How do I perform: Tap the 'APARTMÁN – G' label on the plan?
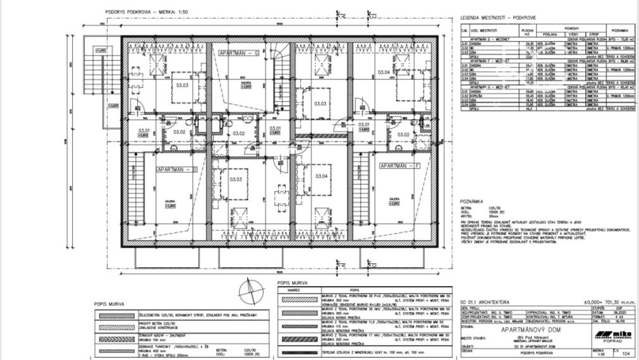point(239,54)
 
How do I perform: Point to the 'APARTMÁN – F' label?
point(400,165)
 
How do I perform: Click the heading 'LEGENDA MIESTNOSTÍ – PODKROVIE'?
point(497,18)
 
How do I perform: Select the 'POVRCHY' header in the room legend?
point(571,28)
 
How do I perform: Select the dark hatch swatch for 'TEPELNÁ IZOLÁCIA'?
point(300,351)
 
